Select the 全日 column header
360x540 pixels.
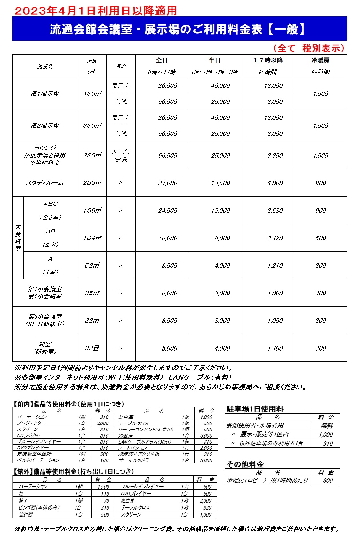162,60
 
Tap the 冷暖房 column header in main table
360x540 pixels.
320,60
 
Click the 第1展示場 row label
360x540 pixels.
45,94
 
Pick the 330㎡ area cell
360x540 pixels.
92,126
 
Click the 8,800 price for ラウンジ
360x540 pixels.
275,156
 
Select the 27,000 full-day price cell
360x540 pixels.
167,183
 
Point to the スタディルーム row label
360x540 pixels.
45,183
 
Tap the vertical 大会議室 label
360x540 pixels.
18,238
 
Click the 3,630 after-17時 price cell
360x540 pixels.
275,211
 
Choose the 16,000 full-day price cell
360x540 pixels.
167,238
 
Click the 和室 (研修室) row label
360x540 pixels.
45,348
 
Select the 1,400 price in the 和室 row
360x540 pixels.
275,348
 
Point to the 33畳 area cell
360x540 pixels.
92,348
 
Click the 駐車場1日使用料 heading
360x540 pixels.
255,409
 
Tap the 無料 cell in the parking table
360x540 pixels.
327,426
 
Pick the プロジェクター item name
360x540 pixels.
31,423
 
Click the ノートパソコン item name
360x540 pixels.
132,448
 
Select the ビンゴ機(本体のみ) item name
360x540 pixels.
39,508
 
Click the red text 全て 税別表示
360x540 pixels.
309,48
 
